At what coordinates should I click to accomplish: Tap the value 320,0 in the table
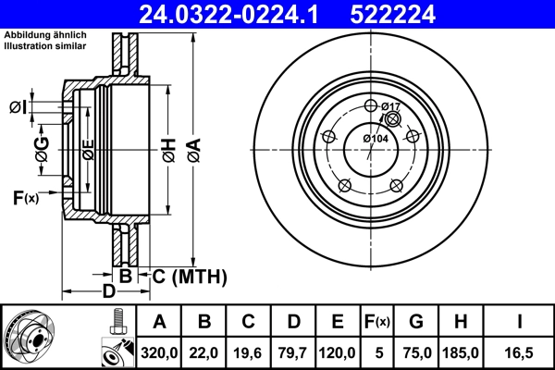pyautogui.click(x=160, y=352)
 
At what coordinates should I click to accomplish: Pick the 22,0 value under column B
pyautogui.click(x=204, y=352)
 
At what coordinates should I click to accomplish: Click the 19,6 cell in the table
pyautogui.click(x=249, y=352)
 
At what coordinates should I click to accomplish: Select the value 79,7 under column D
pyautogui.click(x=293, y=352)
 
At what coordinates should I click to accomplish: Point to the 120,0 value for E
pyautogui.click(x=338, y=352)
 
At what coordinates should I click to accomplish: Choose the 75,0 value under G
pyautogui.click(x=416, y=352)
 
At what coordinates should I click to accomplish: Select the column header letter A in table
pyautogui.click(x=160, y=323)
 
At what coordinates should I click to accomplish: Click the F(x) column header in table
pyautogui.click(x=376, y=323)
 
